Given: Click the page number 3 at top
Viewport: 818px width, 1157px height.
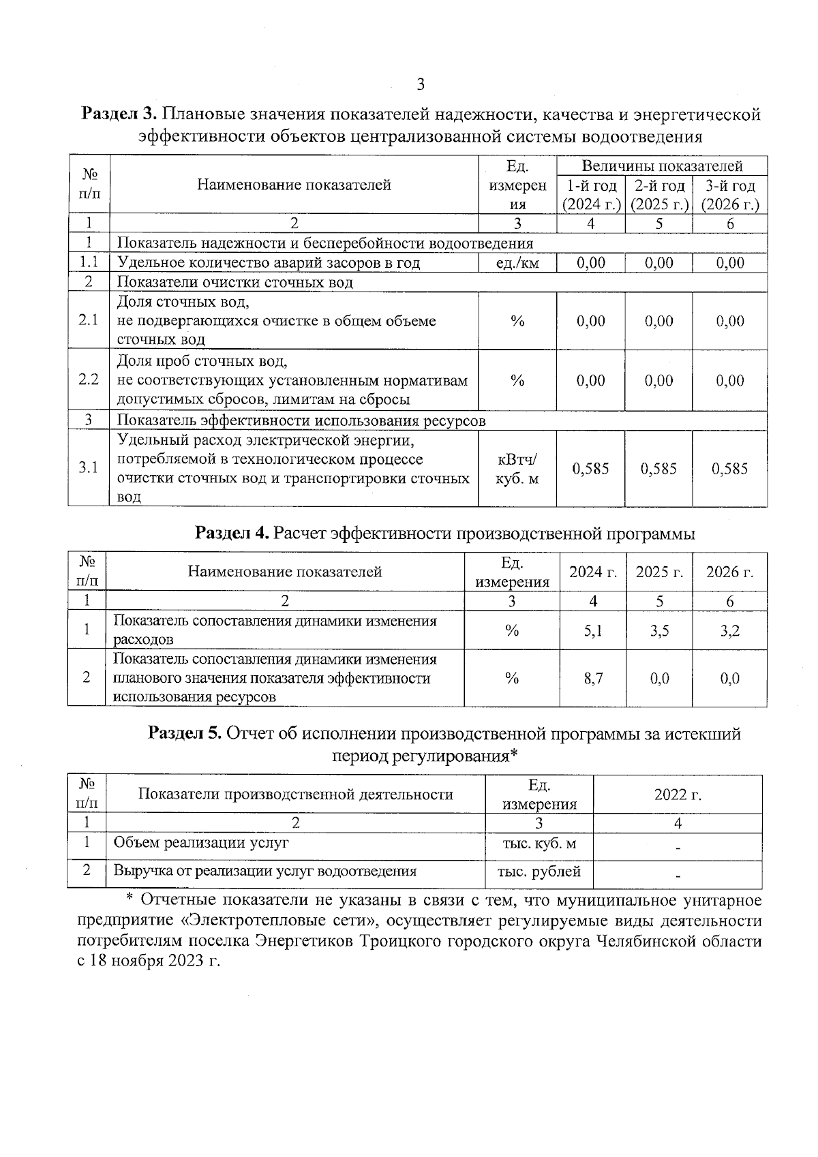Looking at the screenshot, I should pyautogui.click(x=420, y=85).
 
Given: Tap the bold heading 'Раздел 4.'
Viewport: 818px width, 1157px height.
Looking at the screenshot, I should pyautogui.click(x=232, y=533).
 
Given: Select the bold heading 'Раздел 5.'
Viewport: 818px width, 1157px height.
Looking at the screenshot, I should pyautogui.click(x=185, y=733).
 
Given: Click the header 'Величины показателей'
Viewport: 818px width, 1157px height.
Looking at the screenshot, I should pyautogui.click(x=661, y=166).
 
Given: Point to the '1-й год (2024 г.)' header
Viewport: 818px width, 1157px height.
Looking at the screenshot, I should pyautogui.click(x=590, y=196).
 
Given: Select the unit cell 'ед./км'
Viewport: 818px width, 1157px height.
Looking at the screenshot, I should pyautogui.click(x=517, y=263).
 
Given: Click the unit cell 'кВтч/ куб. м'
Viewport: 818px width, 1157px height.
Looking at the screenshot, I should pyautogui.click(x=517, y=469).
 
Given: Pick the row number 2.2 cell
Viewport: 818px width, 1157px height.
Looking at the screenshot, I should pyautogui.click(x=89, y=380).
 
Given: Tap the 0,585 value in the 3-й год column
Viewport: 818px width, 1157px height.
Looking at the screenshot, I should pyautogui.click(x=729, y=469).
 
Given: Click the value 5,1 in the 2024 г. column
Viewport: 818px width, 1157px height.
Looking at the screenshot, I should pyautogui.click(x=593, y=631).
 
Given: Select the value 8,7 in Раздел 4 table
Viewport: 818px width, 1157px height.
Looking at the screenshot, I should pyautogui.click(x=593, y=679).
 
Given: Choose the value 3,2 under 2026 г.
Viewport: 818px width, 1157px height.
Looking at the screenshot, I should pyautogui.click(x=729, y=631).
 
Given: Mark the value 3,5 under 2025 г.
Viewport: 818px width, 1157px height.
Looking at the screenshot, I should pyautogui.click(x=659, y=631).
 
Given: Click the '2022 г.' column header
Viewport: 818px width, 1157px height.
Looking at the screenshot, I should pyautogui.click(x=678, y=795).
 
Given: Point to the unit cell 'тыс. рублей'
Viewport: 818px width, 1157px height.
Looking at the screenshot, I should pyautogui.click(x=539, y=871).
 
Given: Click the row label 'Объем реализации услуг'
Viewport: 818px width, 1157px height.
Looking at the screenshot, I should pyautogui.click(x=201, y=843).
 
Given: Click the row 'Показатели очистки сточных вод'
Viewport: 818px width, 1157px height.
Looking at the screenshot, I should pyautogui.click(x=235, y=282).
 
